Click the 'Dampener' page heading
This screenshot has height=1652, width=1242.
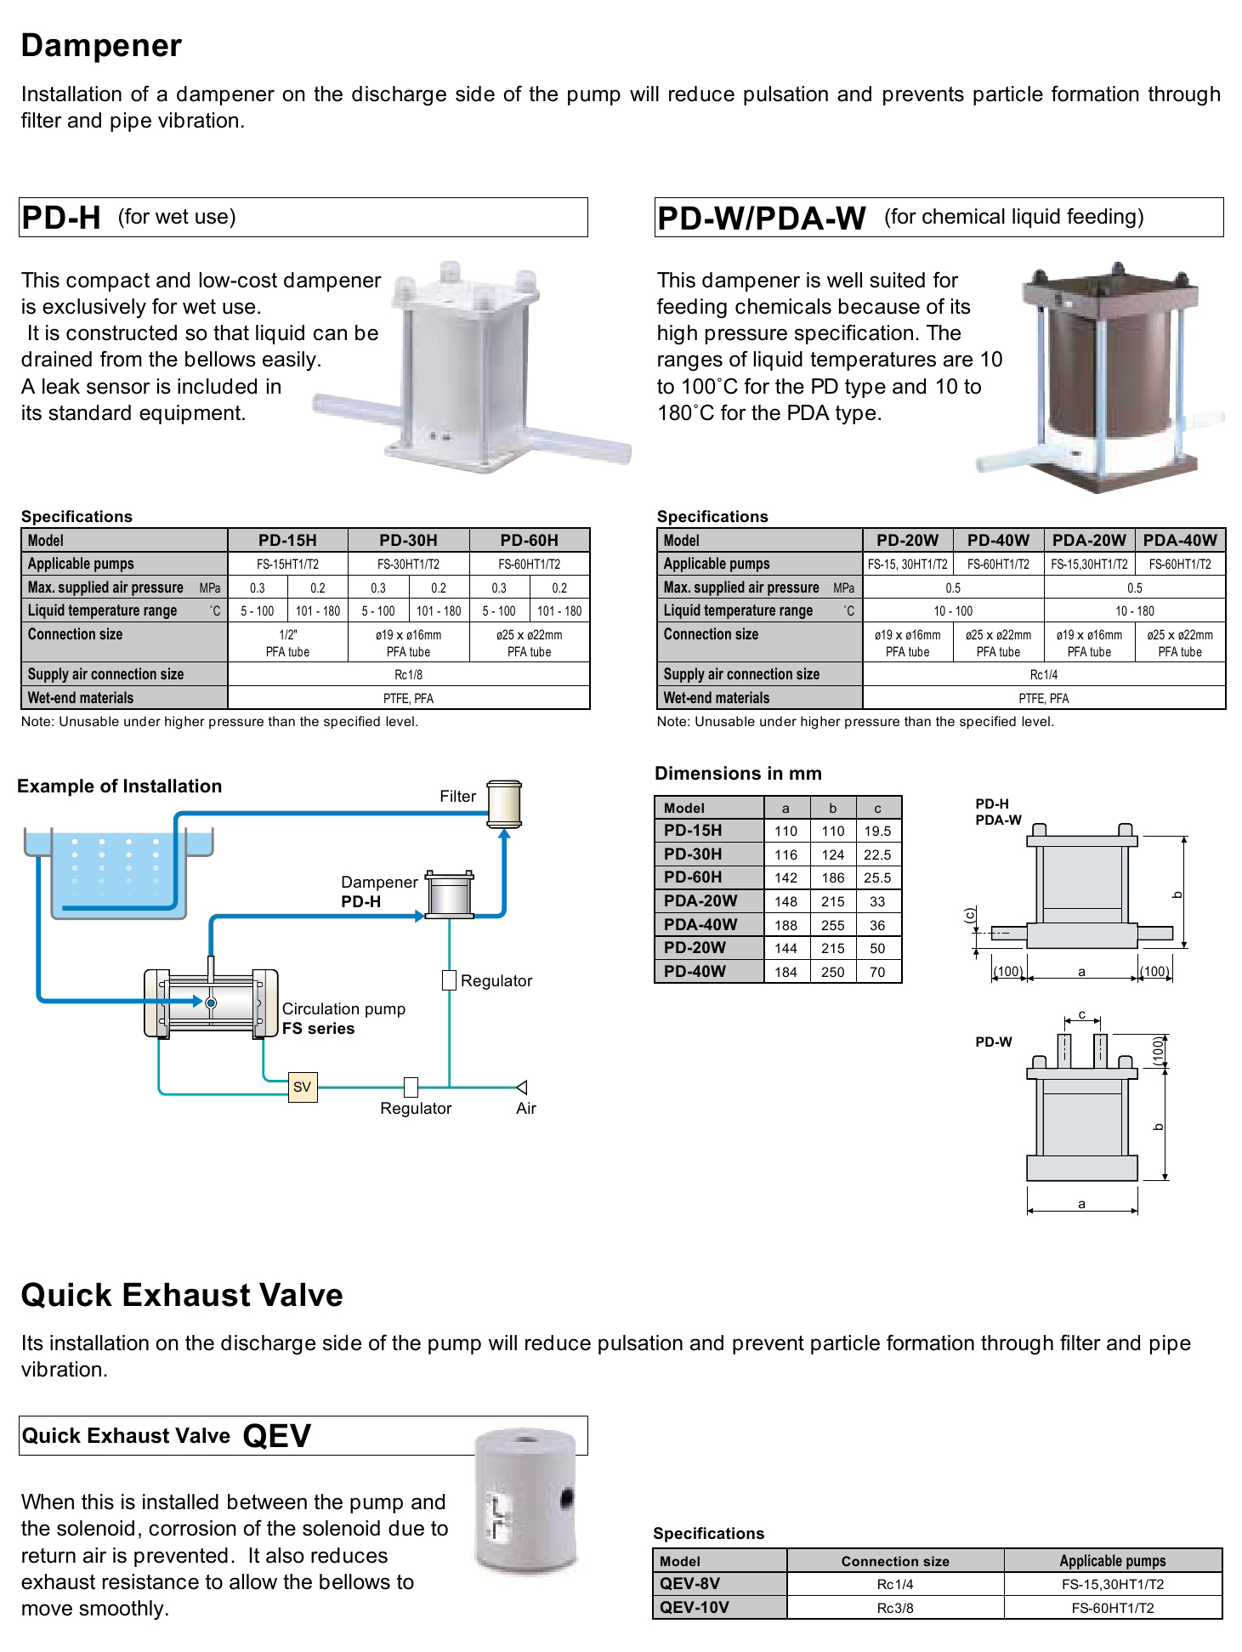(x=101, y=46)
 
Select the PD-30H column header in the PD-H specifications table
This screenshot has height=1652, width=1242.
(x=408, y=540)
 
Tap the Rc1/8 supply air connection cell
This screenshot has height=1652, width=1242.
(x=408, y=674)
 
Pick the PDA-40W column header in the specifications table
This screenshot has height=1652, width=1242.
(x=1180, y=540)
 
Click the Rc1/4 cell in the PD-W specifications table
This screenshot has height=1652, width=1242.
(x=1044, y=674)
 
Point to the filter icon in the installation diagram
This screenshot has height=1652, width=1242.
(x=504, y=803)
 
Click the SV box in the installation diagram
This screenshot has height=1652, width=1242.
(x=303, y=1087)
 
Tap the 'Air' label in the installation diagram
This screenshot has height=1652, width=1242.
(x=526, y=1108)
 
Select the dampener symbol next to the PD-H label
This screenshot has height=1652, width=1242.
(x=449, y=894)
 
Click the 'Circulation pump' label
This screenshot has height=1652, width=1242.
(x=343, y=1008)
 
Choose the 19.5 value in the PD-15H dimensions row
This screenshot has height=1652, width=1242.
(x=877, y=831)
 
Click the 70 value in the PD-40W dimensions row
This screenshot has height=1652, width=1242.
(x=877, y=972)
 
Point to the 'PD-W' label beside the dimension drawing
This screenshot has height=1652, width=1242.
(x=994, y=1042)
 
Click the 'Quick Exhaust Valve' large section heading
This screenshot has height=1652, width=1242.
(x=182, y=1295)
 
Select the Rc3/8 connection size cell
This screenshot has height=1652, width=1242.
(x=895, y=1607)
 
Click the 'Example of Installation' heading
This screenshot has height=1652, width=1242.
(x=119, y=786)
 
